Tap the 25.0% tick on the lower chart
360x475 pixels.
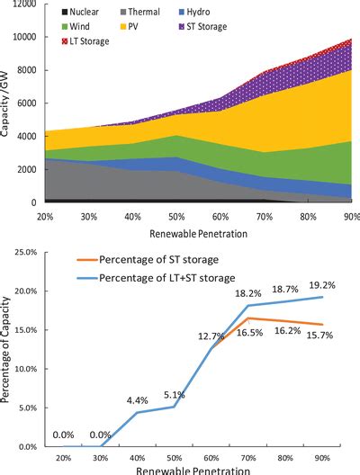(x=21, y=254)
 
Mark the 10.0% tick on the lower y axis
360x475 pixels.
(x=21, y=370)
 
